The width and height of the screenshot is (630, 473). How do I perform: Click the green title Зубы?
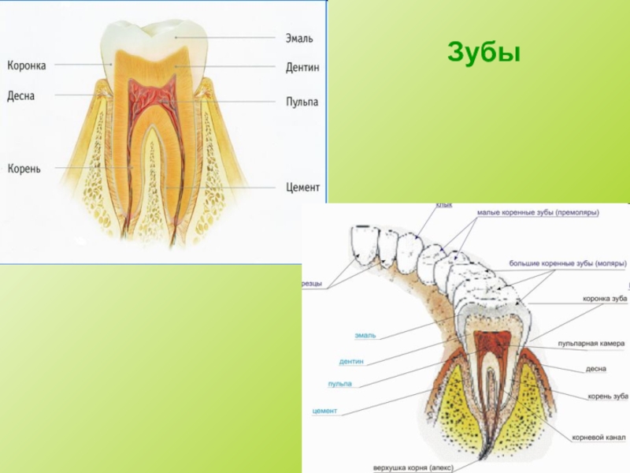tap(484, 52)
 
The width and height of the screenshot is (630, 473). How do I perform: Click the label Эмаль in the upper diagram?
tap(298, 38)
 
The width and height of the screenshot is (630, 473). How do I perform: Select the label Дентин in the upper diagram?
tap(302, 68)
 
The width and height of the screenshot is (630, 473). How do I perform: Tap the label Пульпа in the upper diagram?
tap(302, 102)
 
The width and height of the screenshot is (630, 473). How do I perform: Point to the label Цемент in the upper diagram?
tap(302, 188)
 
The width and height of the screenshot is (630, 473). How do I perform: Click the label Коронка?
tap(27, 65)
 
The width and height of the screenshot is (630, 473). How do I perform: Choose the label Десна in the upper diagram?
tap(21, 95)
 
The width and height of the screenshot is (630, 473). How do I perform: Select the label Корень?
tap(24, 169)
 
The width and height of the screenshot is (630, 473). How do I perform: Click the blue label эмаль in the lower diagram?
tap(365, 335)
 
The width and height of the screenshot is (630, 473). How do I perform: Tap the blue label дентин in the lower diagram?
tap(351, 361)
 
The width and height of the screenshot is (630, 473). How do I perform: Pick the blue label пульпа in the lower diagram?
tap(340, 384)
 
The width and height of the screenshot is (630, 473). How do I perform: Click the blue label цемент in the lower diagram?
tap(325, 411)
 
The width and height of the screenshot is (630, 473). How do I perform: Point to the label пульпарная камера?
tap(591, 344)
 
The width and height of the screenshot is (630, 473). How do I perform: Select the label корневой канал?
tap(598, 437)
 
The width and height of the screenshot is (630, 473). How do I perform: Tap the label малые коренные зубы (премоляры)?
tap(538, 213)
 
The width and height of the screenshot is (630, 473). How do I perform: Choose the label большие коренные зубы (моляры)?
tap(567, 263)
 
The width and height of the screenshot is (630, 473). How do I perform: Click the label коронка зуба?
tap(605, 299)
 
